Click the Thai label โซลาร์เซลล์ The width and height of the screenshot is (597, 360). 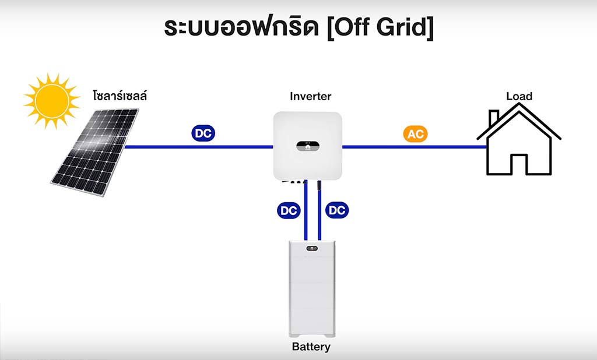pyautogui.click(x=120, y=95)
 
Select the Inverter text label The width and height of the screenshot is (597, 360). pyautogui.click(x=310, y=96)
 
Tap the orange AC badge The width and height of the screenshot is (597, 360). pyautogui.click(x=415, y=134)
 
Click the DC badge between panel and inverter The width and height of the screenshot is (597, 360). pyautogui.click(x=203, y=133)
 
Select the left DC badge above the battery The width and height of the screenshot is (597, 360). pyautogui.click(x=289, y=211)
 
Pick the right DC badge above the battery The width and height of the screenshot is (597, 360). pyautogui.click(x=336, y=211)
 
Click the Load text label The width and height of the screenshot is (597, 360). pyautogui.click(x=519, y=96)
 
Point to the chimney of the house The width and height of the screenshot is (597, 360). pyautogui.click(x=493, y=118)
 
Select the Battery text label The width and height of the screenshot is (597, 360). pyautogui.click(x=311, y=347)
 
